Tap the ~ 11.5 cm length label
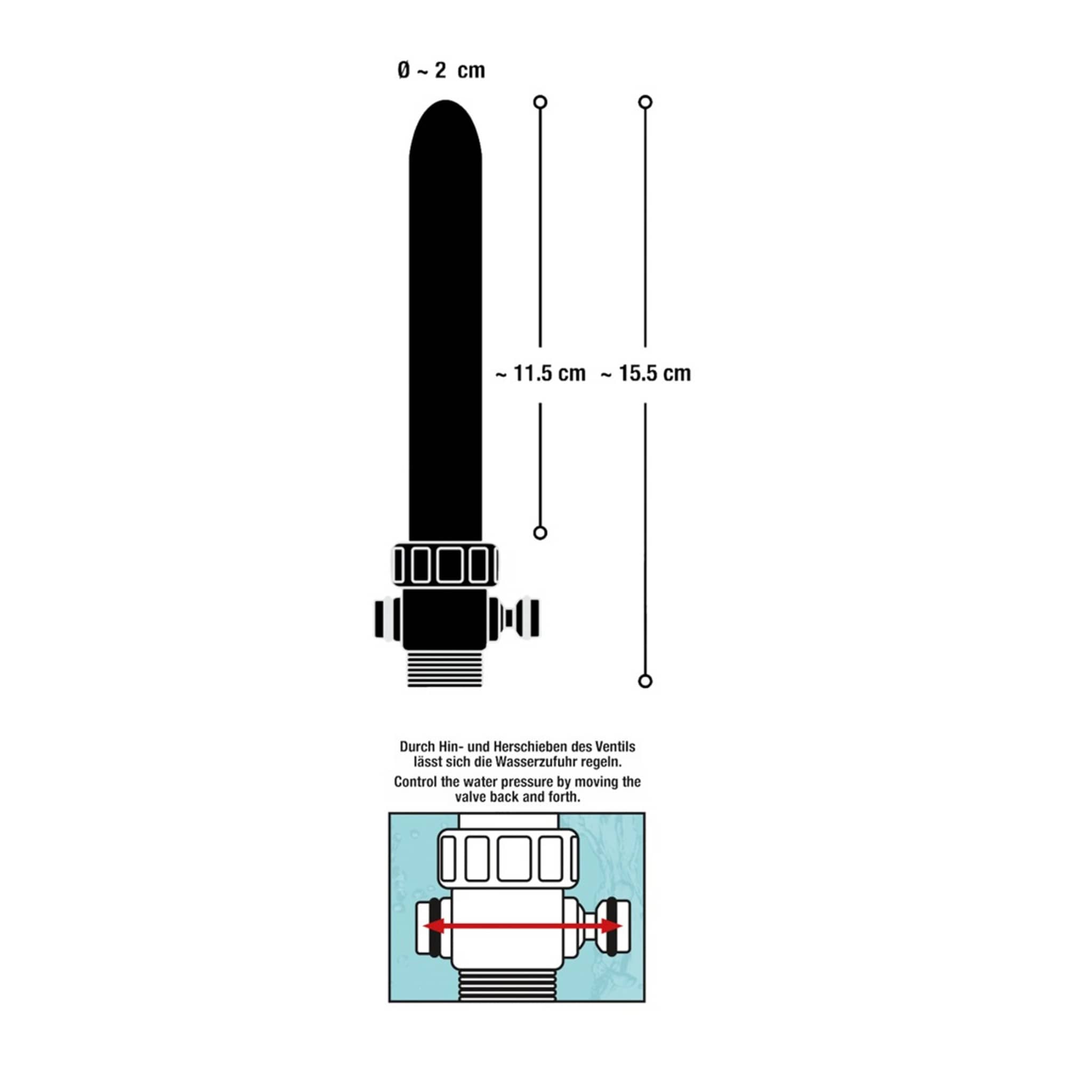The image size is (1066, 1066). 540,374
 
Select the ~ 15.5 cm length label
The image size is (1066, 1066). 645,374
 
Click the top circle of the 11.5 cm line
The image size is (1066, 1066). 540,102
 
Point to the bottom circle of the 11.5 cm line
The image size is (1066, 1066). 540,532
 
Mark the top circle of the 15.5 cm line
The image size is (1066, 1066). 645,102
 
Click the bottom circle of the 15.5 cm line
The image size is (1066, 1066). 645,681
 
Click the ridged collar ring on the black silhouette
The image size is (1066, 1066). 445,564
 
